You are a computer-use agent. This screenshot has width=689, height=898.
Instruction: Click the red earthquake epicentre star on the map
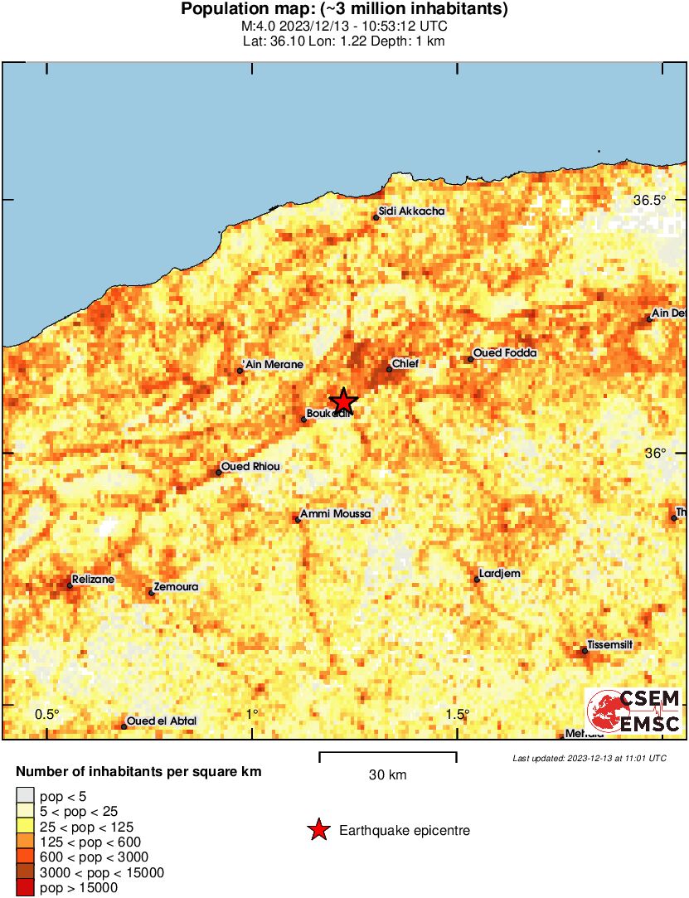tap(342, 401)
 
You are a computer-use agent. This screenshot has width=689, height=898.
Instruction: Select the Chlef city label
tap(405, 363)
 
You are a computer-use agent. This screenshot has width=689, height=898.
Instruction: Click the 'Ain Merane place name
tap(274, 365)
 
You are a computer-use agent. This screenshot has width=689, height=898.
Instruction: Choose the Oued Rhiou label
tap(250, 467)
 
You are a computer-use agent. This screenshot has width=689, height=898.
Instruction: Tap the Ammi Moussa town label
tap(336, 514)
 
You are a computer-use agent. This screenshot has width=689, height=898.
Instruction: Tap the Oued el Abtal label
tap(162, 721)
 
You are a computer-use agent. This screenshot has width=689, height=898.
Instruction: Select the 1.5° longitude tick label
tap(458, 714)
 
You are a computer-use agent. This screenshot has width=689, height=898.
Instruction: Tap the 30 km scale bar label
tap(387, 775)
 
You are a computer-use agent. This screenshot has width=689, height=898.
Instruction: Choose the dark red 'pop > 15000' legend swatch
tap(26, 888)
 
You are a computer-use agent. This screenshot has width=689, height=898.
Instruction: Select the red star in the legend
tap(318, 830)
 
